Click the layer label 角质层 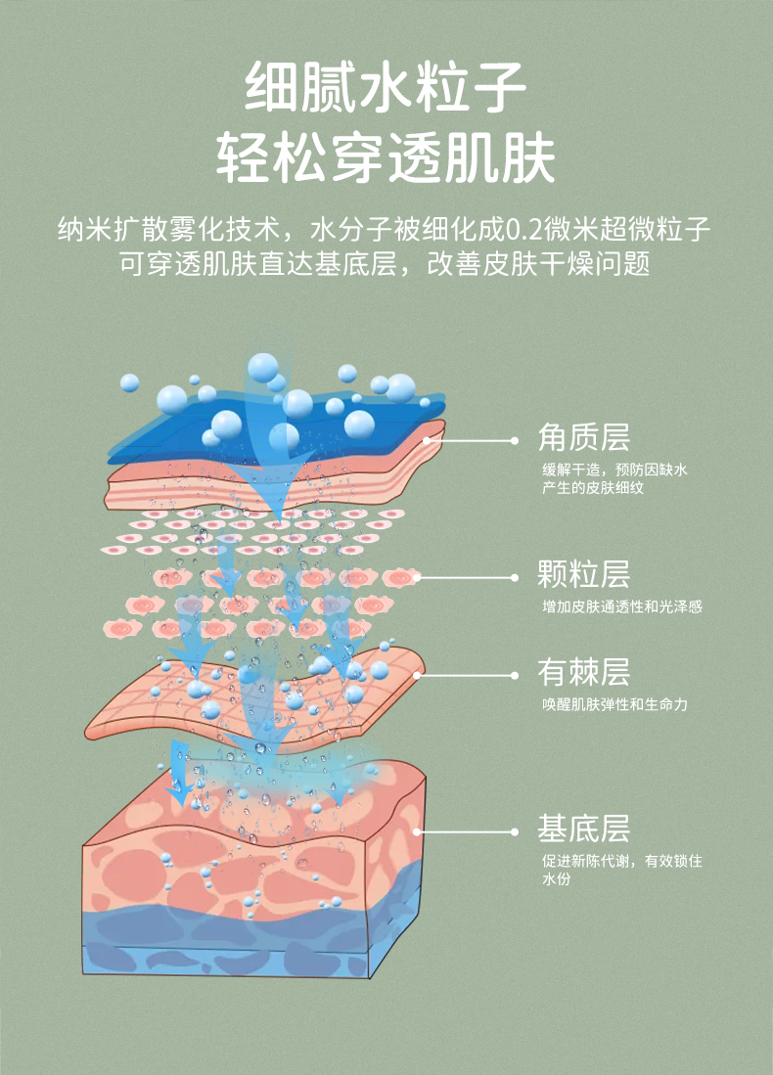(583, 437)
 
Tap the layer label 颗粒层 (583, 573)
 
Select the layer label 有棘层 (583, 672)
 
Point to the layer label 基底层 (583, 829)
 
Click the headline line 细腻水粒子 (386, 86)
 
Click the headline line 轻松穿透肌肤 (386, 157)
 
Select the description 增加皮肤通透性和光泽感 (621, 606)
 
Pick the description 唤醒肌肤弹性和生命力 (614, 704)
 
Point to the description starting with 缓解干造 (614, 470)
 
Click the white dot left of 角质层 (515, 441)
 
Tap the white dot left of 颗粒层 (515, 577)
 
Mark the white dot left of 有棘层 (515, 675)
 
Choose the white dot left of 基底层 (515, 832)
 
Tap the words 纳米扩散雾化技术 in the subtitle (168, 232)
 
